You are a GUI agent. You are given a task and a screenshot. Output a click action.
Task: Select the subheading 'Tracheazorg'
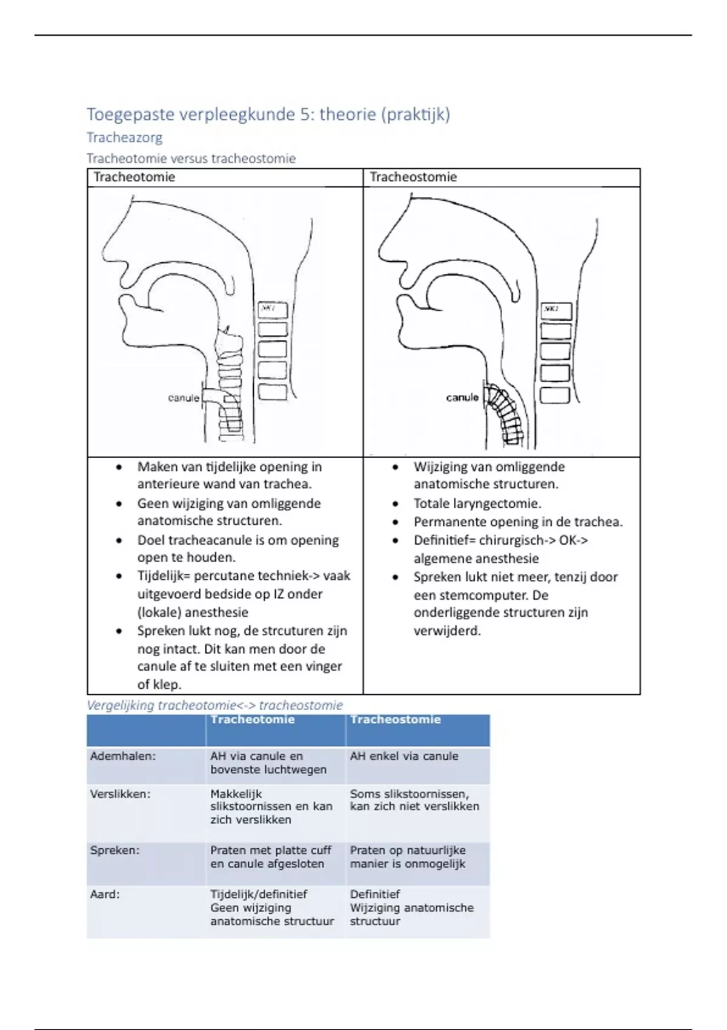(124, 138)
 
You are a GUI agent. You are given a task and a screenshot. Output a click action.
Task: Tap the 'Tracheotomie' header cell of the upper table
(134, 177)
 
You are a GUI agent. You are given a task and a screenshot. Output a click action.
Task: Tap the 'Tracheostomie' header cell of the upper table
(413, 177)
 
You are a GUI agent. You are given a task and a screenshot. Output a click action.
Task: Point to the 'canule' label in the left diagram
(183, 398)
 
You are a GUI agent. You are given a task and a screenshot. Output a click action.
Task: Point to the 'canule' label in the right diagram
(462, 397)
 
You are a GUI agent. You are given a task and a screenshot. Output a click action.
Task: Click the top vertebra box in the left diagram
(272, 309)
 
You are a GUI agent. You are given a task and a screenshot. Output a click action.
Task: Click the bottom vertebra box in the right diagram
(554, 395)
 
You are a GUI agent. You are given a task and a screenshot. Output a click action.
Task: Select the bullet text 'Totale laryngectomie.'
(477, 503)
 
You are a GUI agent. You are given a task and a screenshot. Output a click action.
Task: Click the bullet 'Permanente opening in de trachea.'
(518, 522)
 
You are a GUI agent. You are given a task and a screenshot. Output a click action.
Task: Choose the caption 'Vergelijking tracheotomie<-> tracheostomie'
(214, 705)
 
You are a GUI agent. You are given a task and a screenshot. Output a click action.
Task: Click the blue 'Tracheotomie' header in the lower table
(253, 720)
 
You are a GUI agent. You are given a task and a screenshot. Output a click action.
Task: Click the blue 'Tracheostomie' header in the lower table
(395, 720)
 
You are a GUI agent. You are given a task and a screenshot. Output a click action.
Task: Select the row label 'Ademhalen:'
(122, 756)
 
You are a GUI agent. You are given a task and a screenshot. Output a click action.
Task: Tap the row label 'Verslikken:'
(120, 794)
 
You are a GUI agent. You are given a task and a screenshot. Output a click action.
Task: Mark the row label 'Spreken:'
(115, 850)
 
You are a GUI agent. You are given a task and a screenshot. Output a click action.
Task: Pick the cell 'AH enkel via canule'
(404, 756)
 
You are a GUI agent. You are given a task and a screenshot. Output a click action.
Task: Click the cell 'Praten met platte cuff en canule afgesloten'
(271, 857)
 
